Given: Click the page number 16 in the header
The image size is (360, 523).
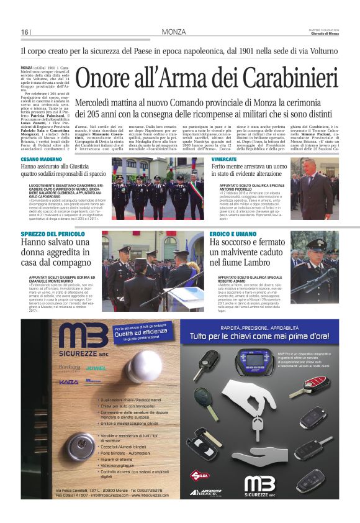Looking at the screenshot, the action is click(25, 32).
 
